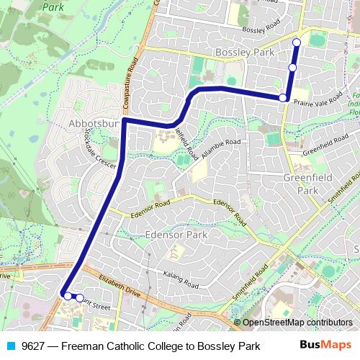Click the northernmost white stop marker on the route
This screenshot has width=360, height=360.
297,42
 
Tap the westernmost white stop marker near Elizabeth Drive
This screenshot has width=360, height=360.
67,295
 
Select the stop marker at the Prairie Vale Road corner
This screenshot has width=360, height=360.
283,97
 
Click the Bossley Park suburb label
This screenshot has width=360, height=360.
245,53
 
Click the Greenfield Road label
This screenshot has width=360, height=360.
325,148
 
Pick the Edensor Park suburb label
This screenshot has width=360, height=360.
176,235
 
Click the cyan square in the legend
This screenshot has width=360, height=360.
10,346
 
